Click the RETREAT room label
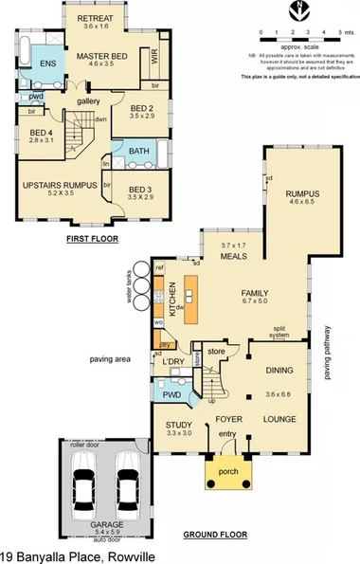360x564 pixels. tap(95, 19)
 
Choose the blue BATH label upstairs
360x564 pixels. tap(139, 152)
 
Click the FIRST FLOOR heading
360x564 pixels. tap(92, 239)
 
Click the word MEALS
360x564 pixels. tap(234, 256)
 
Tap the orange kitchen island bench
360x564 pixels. tap(192, 300)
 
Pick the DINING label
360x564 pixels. tap(279, 371)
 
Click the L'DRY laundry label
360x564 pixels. tap(172, 363)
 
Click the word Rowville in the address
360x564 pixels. tap(122, 555)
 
